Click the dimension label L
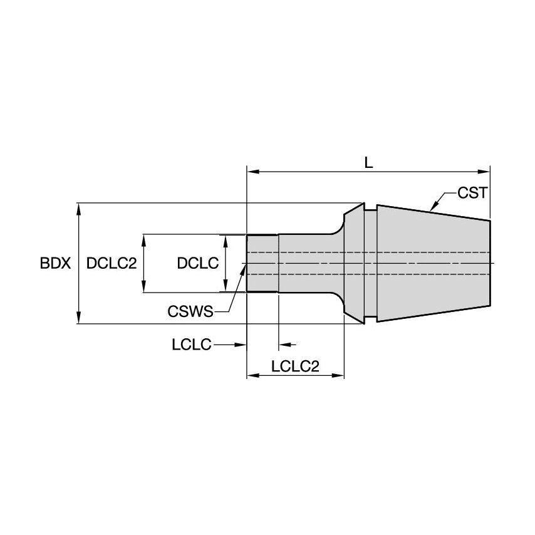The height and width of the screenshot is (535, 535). [x=368, y=162]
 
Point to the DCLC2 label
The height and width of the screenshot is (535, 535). [x=112, y=263]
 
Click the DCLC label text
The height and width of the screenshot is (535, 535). [x=197, y=263]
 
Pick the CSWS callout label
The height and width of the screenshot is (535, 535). [x=190, y=311]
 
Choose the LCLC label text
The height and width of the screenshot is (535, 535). [x=191, y=344]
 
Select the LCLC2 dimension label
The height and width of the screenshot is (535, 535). [x=295, y=366]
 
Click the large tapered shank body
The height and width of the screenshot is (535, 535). [x=432, y=263]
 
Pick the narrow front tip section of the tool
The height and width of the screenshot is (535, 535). [x=262, y=263]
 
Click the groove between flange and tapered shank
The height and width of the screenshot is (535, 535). [x=370, y=263]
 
